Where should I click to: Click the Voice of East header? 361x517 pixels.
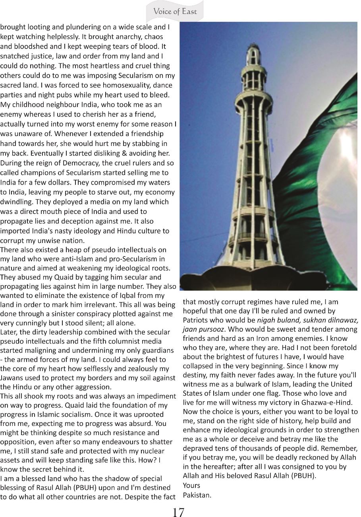click(x=175, y=12)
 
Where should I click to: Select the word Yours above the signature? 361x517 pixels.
click(x=191, y=485)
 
